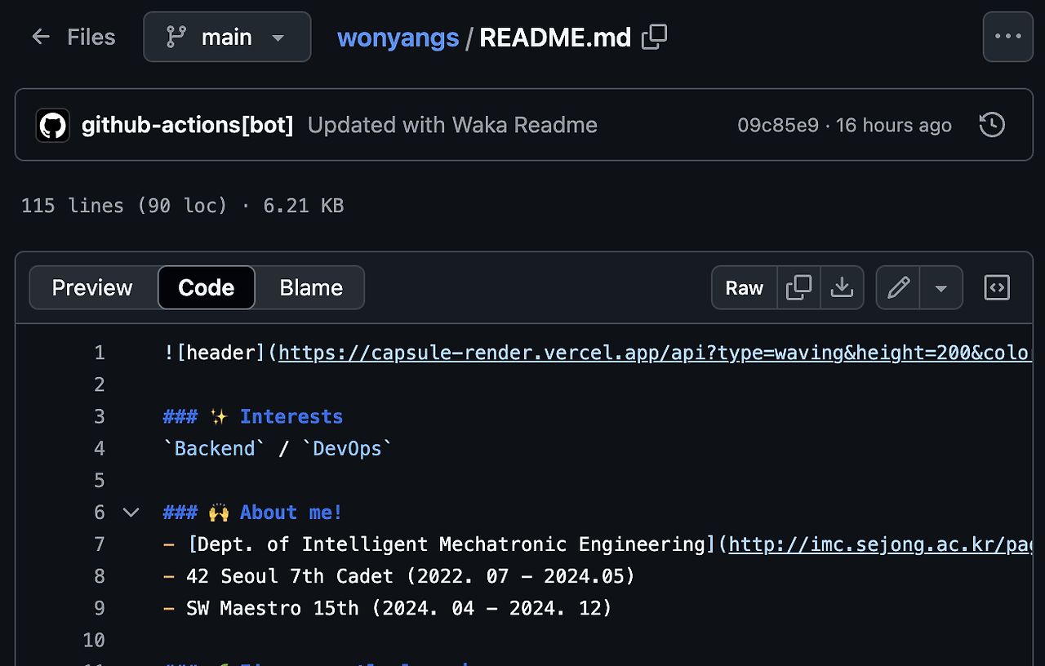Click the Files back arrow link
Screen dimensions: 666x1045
[x=73, y=37]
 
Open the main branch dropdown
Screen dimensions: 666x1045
[x=227, y=37]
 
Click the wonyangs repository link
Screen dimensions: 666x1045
[x=398, y=38]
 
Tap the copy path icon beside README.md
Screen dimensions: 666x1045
[x=654, y=37]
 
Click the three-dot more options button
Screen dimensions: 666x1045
[x=1007, y=37]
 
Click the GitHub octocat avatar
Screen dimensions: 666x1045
[x=53, y=125]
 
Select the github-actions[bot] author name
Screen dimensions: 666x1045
[x=187, y=125]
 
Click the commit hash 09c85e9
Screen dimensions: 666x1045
[x=777, y=125]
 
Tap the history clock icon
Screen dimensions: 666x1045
[x=991, y=125]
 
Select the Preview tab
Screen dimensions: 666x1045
[x=92, y=288]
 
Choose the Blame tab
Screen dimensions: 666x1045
[x=310, y=288]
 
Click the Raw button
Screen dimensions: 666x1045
[x=744, y=288]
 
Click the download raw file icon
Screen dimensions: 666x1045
[x=842, y=288]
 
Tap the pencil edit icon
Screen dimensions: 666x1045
[x=898, y=288]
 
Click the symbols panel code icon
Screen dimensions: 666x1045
[x=997, y=288]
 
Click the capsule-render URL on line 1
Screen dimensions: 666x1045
[x=653, y=353]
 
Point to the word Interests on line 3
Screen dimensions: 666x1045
[x=291, y=416]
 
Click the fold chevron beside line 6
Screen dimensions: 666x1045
[x=131, y=513]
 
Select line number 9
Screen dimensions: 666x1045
[x=99, y=608]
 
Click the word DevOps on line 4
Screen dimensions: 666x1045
[x=347, y=448]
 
